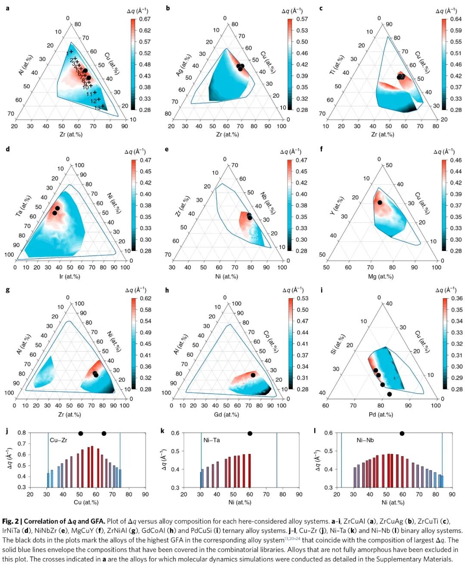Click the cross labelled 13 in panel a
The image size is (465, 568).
click(x=102, y=106)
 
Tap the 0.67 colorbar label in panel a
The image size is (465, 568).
click(x=145, y=19)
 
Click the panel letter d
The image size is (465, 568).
click(x=8, y=149)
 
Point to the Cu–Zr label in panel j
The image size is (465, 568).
click(x=59, y=440)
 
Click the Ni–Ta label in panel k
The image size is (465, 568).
click(x=211, y=440)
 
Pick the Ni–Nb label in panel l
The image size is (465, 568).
click(x=365, y=440)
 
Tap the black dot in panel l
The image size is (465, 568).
click(x=402, y=433)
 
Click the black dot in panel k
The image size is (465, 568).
click(x=250, y=433)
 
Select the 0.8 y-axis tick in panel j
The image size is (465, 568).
click(x=22, y=433)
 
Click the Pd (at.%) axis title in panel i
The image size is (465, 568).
click(x=381, y=415)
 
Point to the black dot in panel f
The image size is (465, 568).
click(x=380, y=202)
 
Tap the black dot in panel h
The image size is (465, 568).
click(x=253, y=375)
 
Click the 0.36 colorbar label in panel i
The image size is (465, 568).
click(x=457, y=299)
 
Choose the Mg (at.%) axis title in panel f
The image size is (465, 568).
click(x=381, y=277)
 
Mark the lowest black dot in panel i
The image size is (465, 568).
click(x=390, y=394)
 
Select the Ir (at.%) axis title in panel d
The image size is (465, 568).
click(x=70, y=277)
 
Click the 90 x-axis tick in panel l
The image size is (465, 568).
click(x=452, y=494)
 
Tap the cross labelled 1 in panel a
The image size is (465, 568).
click(x=71, y=52)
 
